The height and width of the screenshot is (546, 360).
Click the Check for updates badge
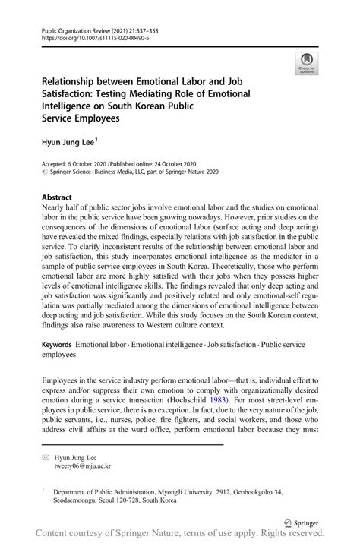point(307,63)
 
